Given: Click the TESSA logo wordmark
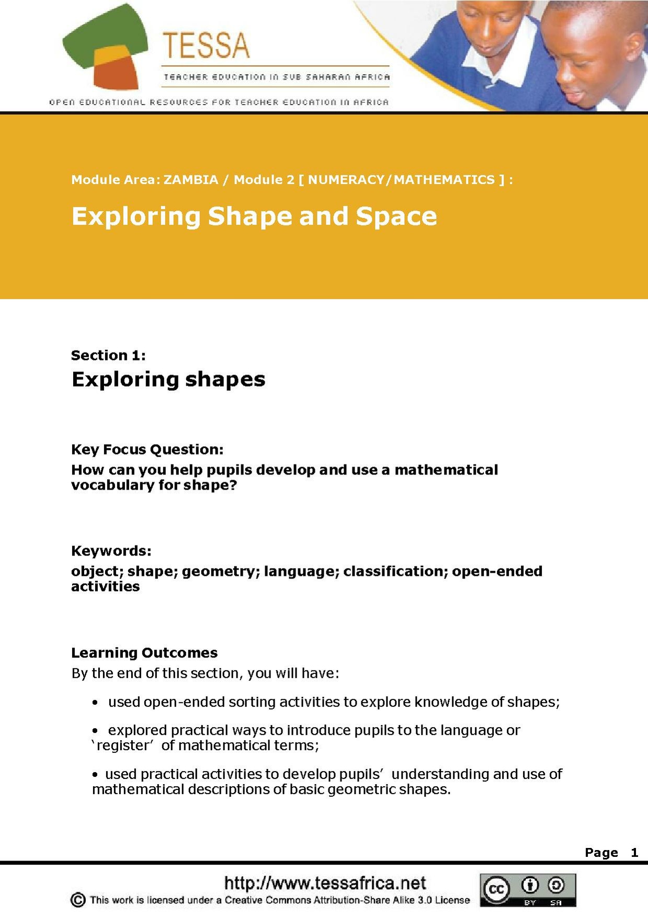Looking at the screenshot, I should click(x=206, y=45).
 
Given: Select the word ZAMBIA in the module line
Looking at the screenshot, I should click(x=191, y=180).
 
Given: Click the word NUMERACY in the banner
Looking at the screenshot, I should click(x=346, y=180).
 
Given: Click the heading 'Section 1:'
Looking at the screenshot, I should click(x=108, y=356).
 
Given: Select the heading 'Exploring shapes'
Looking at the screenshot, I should click(x=168, y=379).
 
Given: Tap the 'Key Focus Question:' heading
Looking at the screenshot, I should click(x=147, y=450).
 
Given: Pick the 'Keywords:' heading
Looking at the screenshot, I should click(x=111, y=551).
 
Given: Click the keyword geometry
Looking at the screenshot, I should click(x=220, y=571).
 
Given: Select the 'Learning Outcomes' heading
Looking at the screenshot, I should click(x=144, y=653).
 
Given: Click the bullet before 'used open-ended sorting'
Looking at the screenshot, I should click(x=95, y=703).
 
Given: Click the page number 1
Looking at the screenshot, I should click(x=634, y=853).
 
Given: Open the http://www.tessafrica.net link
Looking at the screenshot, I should click(x=325, y=883).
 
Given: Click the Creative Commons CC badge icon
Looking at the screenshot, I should click(x=495, y=889).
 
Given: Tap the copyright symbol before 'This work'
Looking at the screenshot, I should click(x=77, y=900).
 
